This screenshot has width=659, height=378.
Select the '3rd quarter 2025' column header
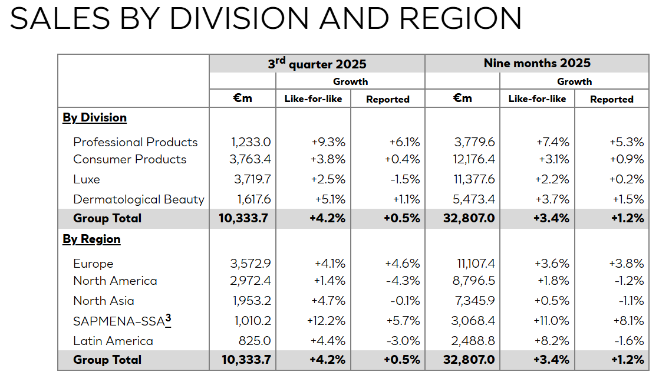317,64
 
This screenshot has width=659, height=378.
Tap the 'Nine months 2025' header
537,63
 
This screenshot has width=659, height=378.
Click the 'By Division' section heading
94,117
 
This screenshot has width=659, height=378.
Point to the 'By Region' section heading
91,239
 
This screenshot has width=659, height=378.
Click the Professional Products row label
135,142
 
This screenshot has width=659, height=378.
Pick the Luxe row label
87,179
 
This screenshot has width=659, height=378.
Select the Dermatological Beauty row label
139,199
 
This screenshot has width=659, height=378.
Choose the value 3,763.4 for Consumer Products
251,159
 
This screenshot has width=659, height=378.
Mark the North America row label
115,281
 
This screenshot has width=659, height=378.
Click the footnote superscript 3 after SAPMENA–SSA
168,320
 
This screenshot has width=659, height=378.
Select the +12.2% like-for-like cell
326,321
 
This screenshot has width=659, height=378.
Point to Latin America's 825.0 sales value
255,341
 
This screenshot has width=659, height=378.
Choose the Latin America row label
113,341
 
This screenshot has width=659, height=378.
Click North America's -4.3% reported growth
404,281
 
